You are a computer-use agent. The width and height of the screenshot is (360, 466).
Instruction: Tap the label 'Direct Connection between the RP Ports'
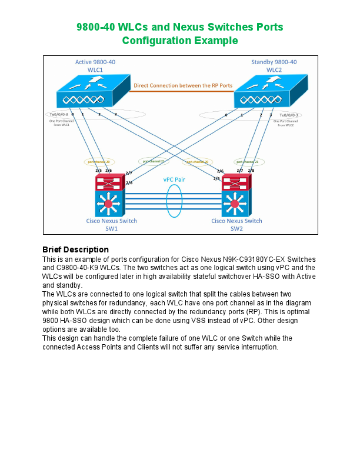coord(183,85)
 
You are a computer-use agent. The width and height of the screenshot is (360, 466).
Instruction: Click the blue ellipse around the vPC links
coord(175,201)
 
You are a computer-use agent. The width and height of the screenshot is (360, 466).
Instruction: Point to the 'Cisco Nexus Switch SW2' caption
coord(236,224)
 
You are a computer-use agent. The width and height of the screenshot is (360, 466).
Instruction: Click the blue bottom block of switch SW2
coord(235,204)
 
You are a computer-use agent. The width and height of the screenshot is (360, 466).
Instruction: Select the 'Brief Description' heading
coord(75,249)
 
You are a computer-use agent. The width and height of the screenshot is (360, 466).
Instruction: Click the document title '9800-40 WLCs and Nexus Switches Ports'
coord(180,27)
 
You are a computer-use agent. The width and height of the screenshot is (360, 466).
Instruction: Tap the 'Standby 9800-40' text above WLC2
coord(274,62)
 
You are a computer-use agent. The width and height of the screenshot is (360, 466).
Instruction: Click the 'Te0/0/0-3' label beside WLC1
coord(59,115)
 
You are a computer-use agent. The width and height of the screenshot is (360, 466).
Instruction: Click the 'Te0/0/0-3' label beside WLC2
coord(288,115)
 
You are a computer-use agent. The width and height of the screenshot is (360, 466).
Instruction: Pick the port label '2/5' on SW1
coord(98,171)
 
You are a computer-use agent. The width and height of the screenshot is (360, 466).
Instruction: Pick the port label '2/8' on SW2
coord(251,171)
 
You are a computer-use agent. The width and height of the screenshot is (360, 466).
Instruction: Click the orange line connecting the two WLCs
coord(183,91)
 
